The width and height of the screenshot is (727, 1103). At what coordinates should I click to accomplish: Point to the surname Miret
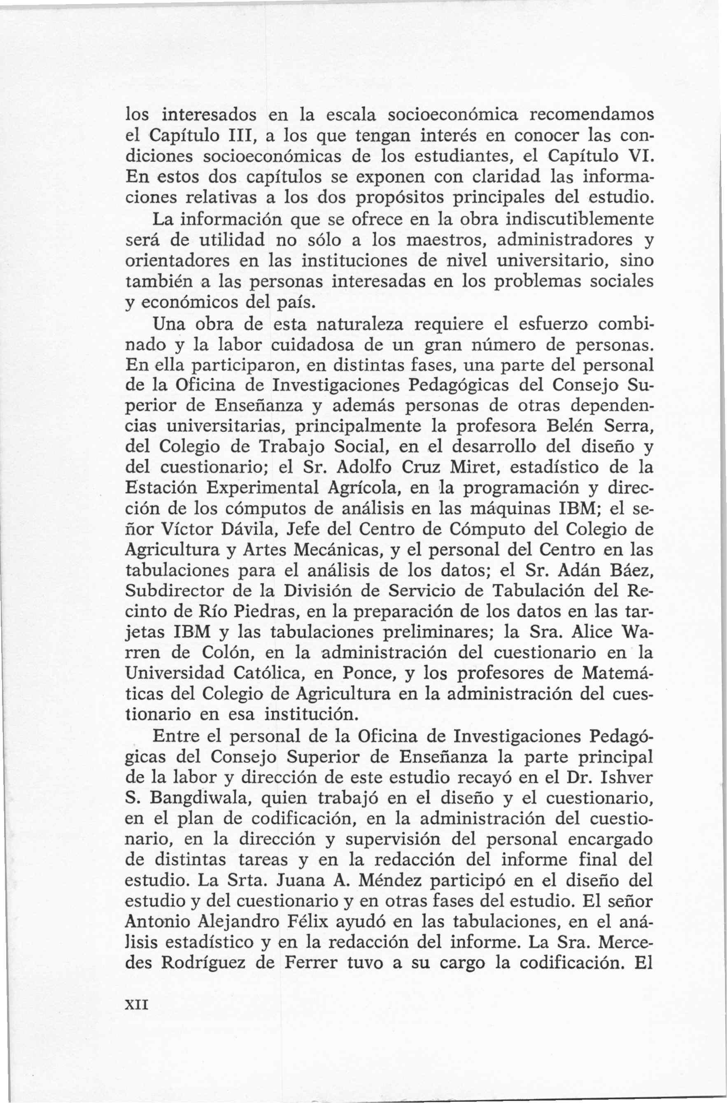477,467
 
